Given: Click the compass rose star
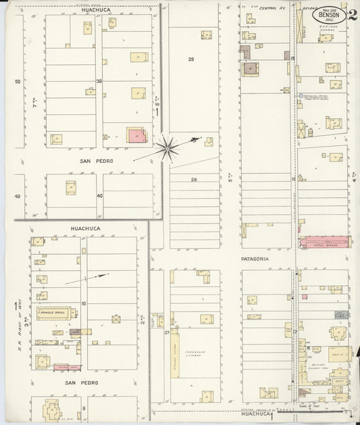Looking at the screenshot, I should point(167,147).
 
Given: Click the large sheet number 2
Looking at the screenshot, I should point(353,15).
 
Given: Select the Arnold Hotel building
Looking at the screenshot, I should point(54,312).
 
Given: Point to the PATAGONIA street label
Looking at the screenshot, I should point(255,259).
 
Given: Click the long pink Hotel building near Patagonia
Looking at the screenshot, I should point(325,241).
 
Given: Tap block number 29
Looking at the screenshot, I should point(191,60).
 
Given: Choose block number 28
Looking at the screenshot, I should point(193,179).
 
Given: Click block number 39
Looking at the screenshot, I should point(99,82).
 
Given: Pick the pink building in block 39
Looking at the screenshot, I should point(137,135).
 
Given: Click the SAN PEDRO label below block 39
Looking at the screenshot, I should point(97,161).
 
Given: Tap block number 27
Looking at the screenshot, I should point(166,333).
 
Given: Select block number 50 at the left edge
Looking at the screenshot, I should point(18,82).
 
